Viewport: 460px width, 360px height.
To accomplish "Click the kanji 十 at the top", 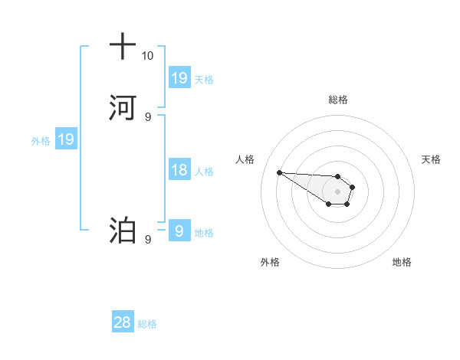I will click(x=122, y=47).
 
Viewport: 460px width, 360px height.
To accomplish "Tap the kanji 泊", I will click(x=122, y=230).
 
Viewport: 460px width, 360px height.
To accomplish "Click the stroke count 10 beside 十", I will click(x=147, y=56).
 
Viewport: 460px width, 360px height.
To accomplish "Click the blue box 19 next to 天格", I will click(x=179, y=78).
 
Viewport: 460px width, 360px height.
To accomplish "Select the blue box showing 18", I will click(x=179, y=170).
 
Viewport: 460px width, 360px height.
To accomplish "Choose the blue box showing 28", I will click(x=123, y=323).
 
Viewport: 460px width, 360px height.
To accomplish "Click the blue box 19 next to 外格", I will click(x=66, y=139).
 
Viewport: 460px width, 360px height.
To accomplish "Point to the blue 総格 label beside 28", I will click(x=147, y=324).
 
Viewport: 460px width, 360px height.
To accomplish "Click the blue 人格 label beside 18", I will click(x=204, y=171).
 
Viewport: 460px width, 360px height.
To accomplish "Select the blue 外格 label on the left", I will click(x=41, y=140).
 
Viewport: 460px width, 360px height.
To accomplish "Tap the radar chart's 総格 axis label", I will click(x=337, y=100).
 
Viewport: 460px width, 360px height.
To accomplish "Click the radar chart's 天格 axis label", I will click(x=431, y=159).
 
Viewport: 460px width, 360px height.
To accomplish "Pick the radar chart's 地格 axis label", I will click(x=402, y=262).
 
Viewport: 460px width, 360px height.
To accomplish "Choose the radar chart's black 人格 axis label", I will click(x=245, y=159).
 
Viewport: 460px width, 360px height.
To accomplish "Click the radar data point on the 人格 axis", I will click(x=279, y=172).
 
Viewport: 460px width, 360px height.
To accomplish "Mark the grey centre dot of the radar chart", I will click(x=337, y=191).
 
